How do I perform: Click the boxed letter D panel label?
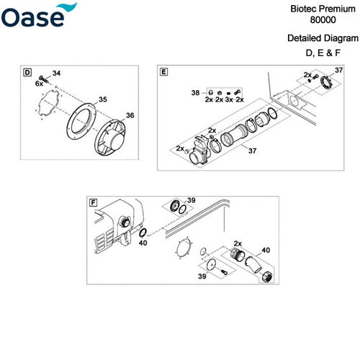tap(28, 73)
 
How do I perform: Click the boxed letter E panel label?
tap(164, 73)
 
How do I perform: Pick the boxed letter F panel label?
tap(93, 202)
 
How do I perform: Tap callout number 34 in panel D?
tap(58, 73)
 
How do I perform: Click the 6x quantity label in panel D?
tap(40, 84)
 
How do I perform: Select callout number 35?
tap(103, 99)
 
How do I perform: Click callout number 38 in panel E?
tap(194, 93)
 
